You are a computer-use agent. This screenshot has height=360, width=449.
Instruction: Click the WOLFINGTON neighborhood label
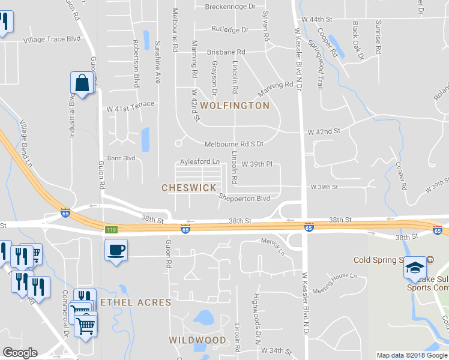tap(235, 106)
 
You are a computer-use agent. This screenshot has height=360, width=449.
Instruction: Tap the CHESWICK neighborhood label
tap(188, 188)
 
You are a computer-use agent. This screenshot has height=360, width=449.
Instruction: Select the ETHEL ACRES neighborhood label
tap(136, 302)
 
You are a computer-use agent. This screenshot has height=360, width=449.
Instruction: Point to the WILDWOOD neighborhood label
tap(197, 340)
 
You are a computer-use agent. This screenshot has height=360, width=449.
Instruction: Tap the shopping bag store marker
tap(82, 83)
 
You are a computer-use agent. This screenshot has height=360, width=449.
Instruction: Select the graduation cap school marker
tap(414, 268)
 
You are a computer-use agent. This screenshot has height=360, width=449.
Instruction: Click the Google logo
tap(20, 353)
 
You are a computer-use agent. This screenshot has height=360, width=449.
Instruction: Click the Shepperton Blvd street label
tap(245, 198)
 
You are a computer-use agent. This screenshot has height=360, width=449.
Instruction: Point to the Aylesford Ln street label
tap(200, 162)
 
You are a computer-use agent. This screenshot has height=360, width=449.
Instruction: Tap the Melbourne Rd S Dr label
tap(234, 145)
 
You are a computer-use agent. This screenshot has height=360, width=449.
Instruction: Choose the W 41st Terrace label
tap(130, 104)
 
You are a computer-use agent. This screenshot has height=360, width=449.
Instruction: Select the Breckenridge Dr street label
tap(230, 7)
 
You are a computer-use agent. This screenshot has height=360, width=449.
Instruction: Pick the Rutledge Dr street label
tap(229, 29)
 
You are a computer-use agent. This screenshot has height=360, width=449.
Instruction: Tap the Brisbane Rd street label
tap(226, 52)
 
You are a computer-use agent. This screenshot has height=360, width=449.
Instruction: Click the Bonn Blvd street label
tap(121, 158)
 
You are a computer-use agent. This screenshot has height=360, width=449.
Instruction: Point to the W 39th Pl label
tap(257, 164)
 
